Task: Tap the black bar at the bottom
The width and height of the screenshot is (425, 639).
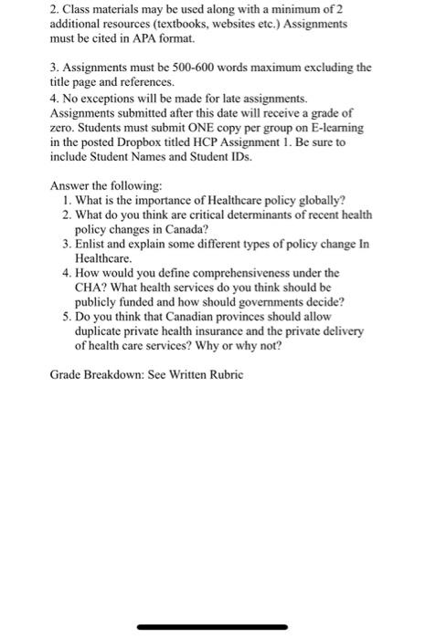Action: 212,627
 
